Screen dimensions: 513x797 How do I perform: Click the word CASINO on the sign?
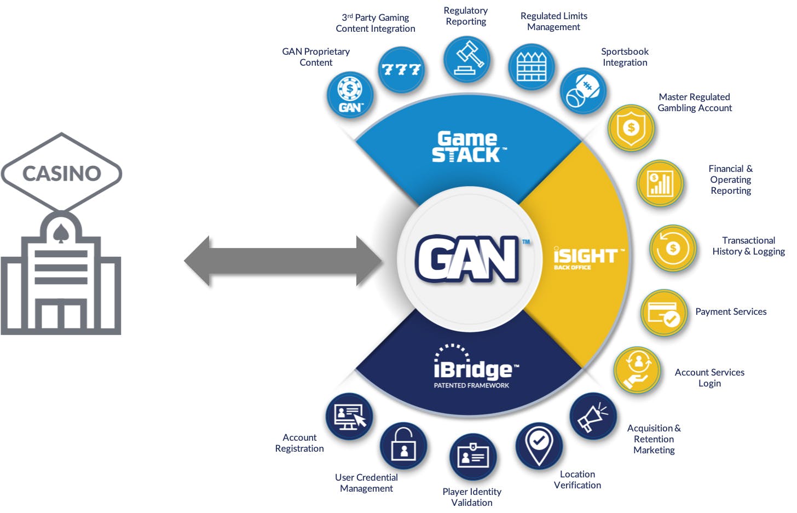(61, 174)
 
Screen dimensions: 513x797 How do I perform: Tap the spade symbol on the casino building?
(61, 234)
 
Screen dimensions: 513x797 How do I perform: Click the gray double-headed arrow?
(282, 261)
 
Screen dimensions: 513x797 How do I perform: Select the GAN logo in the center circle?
(467, 259)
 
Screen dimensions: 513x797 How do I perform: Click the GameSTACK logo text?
(467, 147)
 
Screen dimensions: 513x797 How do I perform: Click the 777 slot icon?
(402, 70)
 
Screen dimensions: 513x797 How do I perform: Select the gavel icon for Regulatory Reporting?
(467, 59)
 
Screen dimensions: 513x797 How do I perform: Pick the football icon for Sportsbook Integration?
(583, 91)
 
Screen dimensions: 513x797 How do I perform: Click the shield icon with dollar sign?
(631, 128)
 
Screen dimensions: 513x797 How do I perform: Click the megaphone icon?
(593, 416)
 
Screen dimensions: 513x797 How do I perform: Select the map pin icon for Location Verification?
(539, 445)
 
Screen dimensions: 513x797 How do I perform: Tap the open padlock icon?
(403, 445)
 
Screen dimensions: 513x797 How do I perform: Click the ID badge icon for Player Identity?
(472, 456)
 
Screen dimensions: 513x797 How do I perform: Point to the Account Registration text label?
(299, 443)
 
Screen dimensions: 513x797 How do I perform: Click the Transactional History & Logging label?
(748, 246)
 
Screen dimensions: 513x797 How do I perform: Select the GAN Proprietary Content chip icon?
(350, 95)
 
